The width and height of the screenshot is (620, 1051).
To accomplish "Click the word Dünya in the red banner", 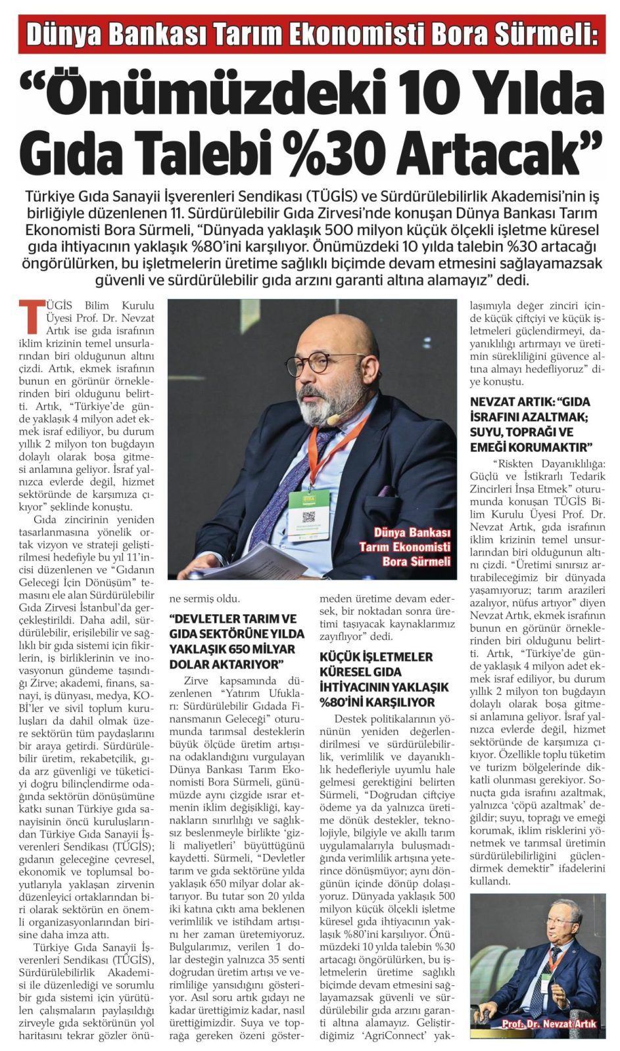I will pyautogui.click(x=63, y=35).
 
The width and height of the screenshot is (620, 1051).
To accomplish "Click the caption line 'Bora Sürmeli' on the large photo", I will pyautogui.click(x=416, y=562).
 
